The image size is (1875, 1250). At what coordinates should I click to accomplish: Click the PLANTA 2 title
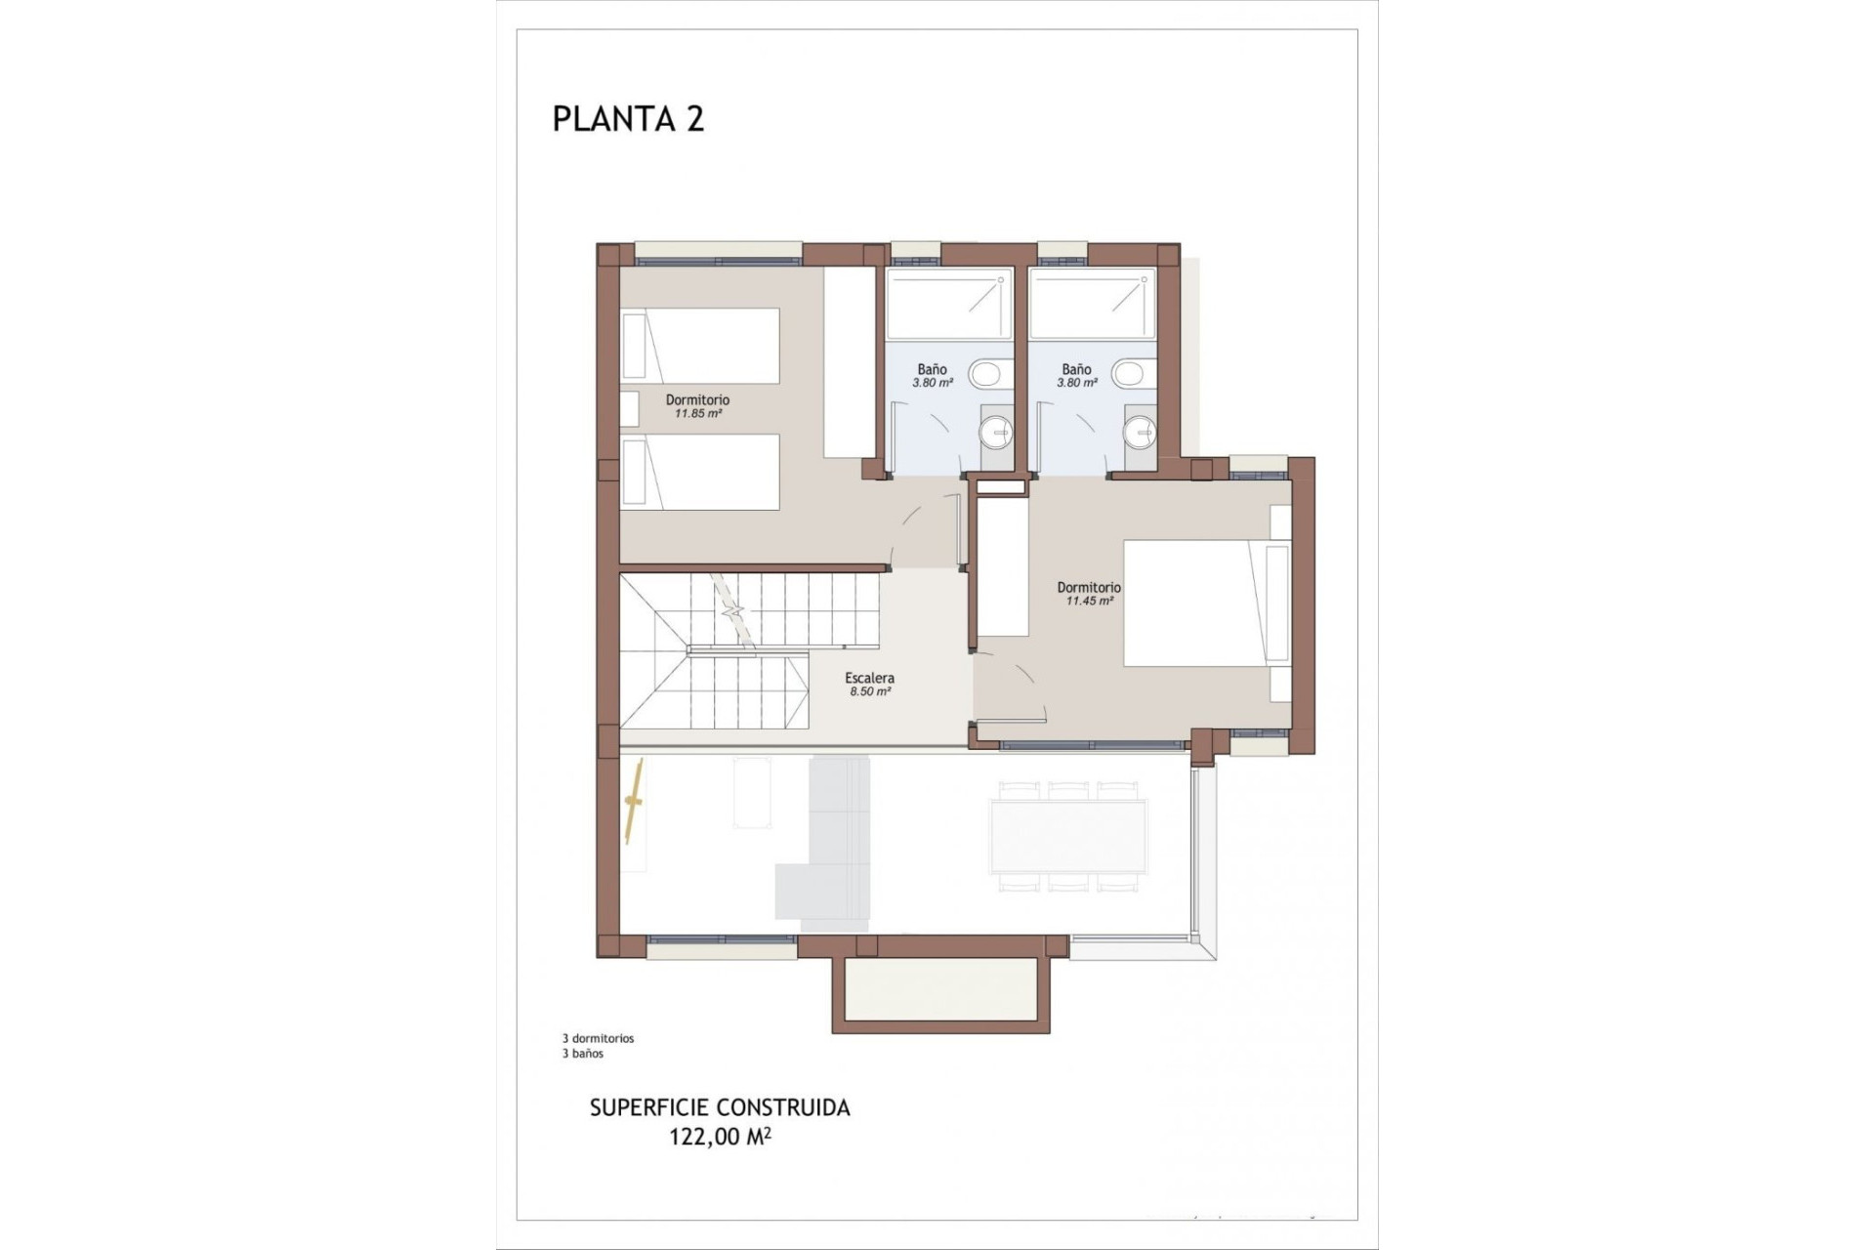pos(628,119)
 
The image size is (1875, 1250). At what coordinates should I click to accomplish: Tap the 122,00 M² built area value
pos(720,1138)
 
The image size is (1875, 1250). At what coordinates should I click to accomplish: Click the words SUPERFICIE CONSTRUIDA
pos(720,1108)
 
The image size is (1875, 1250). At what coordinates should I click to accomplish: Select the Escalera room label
pos(869,678)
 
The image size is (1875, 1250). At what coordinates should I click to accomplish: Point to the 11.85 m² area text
pos(697,414)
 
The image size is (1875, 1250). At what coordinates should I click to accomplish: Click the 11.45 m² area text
pos(1089,602)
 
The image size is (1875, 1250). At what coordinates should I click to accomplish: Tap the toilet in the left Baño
pos(985,372)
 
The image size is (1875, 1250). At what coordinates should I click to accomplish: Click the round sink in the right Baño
pos(1139,431)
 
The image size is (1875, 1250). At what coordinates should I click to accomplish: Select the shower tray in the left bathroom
pos(947,306)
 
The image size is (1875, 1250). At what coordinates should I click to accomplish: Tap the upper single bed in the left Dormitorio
pos(701,346)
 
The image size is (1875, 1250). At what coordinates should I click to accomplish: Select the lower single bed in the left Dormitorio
pos(701,472)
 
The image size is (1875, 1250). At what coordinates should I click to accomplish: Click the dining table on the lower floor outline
pos(1067,835)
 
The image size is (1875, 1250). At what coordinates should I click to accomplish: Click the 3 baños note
pos(582,1054)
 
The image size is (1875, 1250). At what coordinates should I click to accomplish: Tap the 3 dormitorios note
pos(598,1039)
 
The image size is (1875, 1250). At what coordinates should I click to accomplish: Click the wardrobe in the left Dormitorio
pos(849,362)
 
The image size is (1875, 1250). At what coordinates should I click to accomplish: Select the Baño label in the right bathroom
pos(1076,369)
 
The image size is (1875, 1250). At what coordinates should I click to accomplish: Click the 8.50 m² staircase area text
pos(869,691)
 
